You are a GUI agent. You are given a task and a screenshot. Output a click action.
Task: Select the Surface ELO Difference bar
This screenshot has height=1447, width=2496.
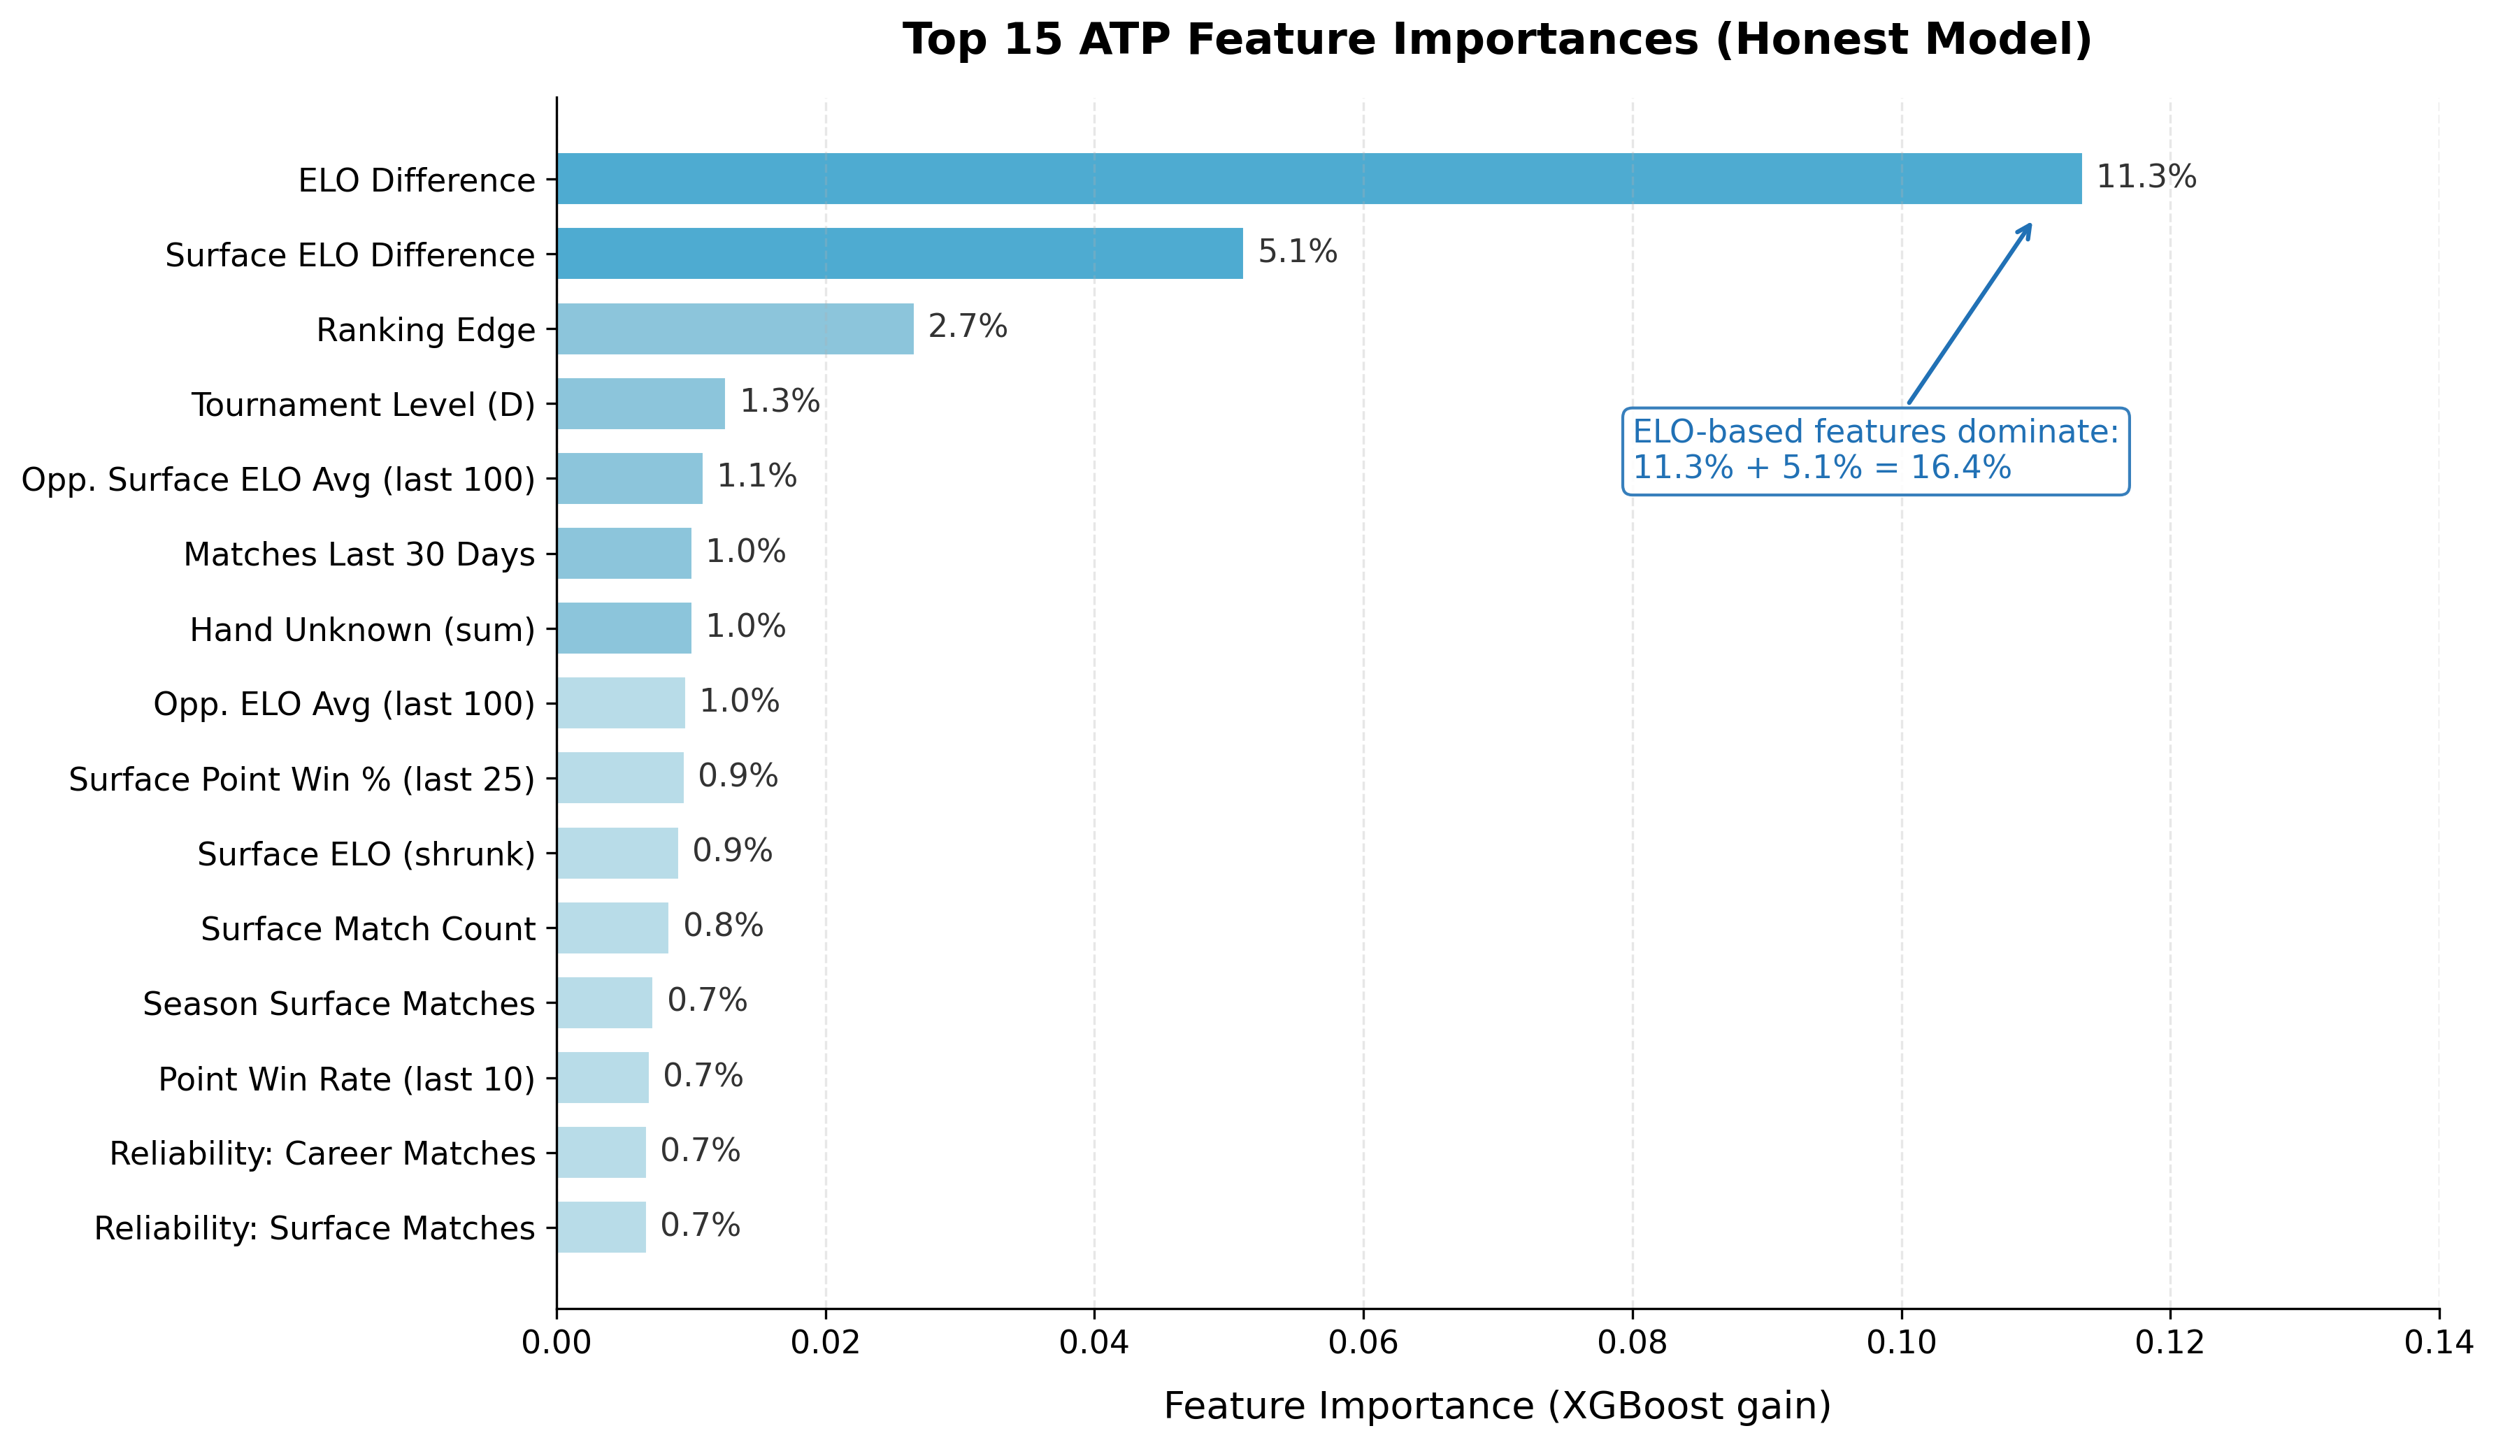tap(899, 254)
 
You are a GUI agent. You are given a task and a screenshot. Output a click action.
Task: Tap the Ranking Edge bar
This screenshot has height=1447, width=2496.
tap(735, 329)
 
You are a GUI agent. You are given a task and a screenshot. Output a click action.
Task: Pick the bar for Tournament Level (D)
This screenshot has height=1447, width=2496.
tap(641, 403)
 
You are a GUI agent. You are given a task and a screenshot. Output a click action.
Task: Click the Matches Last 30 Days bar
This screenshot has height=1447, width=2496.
tap(624, 553)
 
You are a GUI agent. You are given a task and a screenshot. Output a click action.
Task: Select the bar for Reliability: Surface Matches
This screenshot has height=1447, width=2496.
tap(601, 1226)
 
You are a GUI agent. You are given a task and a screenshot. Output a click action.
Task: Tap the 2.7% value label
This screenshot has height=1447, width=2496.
tap(967, 327)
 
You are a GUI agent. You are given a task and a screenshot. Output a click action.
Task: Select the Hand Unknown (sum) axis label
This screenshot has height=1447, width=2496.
tap(362, 630)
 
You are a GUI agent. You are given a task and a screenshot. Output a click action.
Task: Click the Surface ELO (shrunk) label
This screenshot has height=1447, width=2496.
tap(366, 854)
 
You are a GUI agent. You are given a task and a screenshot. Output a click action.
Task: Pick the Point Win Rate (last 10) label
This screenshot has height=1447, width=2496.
tap(347, 1079)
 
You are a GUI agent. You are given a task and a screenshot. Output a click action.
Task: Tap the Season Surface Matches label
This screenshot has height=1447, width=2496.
tap(338, 1003)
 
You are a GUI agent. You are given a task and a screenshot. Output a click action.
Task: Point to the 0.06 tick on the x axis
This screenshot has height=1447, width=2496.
tap(1363, 1343)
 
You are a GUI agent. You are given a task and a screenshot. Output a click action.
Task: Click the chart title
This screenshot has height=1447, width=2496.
tap(1497, 40)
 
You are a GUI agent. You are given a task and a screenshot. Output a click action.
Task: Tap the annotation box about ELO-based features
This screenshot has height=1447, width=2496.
tap(1875, 451)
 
